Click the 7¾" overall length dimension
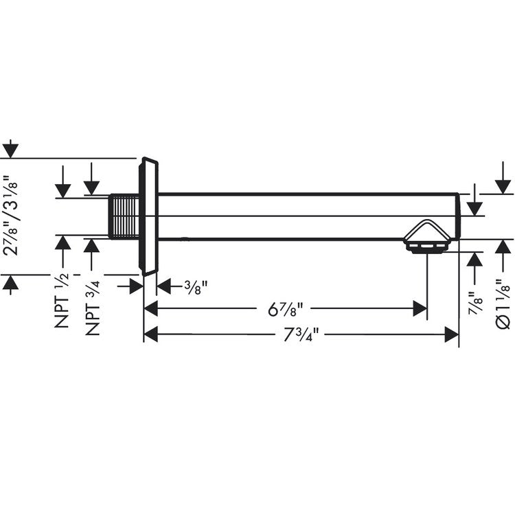point(299,334)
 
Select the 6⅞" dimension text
point(286,309)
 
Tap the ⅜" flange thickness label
point(195,286)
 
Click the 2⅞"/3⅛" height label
point(12,216)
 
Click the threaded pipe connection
point(124,217)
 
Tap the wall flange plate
point(149,217)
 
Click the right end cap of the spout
point(457,216)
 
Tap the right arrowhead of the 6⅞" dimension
point(420,309)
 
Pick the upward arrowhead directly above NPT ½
point(63,242)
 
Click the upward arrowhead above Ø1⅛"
point(504,245)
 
